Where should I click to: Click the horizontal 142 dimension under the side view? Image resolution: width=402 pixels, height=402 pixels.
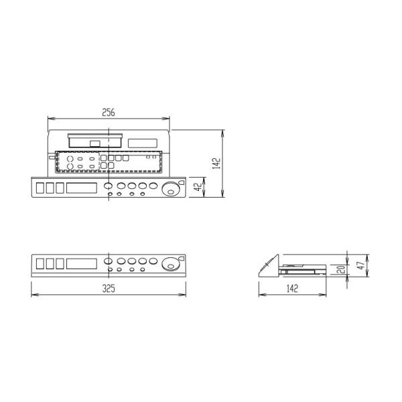pos(291,289)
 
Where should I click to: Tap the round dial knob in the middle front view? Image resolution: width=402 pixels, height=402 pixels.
pos(172,265)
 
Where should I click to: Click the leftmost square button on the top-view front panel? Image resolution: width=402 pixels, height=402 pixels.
pos(40,188)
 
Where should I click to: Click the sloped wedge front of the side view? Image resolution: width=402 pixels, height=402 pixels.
pos(269,267)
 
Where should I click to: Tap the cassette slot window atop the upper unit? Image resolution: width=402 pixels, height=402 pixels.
pos(94,142)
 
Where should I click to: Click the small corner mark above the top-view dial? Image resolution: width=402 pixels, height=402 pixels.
pos(181,182)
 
